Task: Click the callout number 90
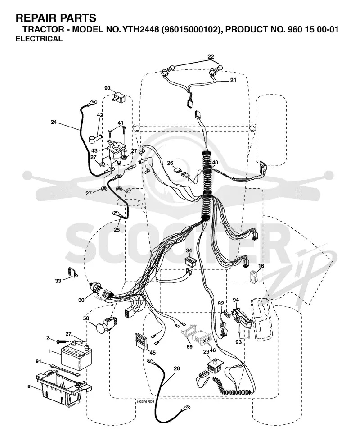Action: tap(108, 88)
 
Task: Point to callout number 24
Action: tap(54, 122)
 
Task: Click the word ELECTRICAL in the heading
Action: tap(39, 39)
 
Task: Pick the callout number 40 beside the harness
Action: tap(215, 163)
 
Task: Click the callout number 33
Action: tap(58, 281)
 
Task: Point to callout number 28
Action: tap(176, 368)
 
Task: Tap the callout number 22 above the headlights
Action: tap(211, 56)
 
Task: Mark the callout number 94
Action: tap(236, 300)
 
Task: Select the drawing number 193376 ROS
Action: tap(145, 402)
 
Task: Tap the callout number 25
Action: tap(117, 230)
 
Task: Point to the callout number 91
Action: tap(39, 361)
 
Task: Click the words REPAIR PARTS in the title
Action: tap(56, 18)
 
